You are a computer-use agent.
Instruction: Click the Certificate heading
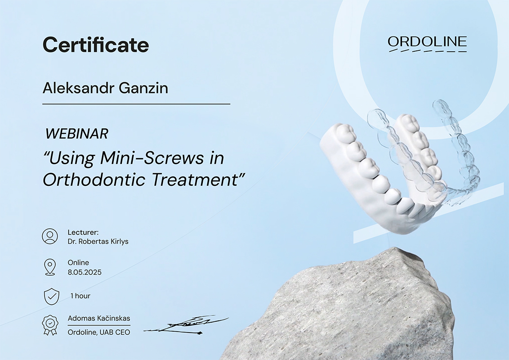click(x=96, y=45)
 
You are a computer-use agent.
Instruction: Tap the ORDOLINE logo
click(x=427, y=44)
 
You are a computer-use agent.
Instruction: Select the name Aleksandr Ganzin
click(x=106, y=88)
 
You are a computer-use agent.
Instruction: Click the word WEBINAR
click(x=76, y=134)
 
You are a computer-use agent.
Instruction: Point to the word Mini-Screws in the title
click(x=152, y=158)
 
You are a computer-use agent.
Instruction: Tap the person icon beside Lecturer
click(x=50, y=236)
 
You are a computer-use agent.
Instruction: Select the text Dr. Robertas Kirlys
click(x=98, y=241)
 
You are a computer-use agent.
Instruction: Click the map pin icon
click(x=49, y=267)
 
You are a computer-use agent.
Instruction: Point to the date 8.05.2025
click(x=85, y=272)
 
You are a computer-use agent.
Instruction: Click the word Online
click(x=78, y=262)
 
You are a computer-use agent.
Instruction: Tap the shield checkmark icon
click(x=52, y=296)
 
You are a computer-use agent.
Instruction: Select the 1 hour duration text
click(x=80, y=296)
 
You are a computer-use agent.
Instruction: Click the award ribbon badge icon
click(x=50, y=325)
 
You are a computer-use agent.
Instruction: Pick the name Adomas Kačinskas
click(x=99, y=319)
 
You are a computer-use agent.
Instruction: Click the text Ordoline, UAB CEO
click(x=98, y=333)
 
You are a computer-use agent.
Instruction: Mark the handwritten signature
click(x=186, y=325)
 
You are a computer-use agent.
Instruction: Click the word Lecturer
click(x=83, y=232)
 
